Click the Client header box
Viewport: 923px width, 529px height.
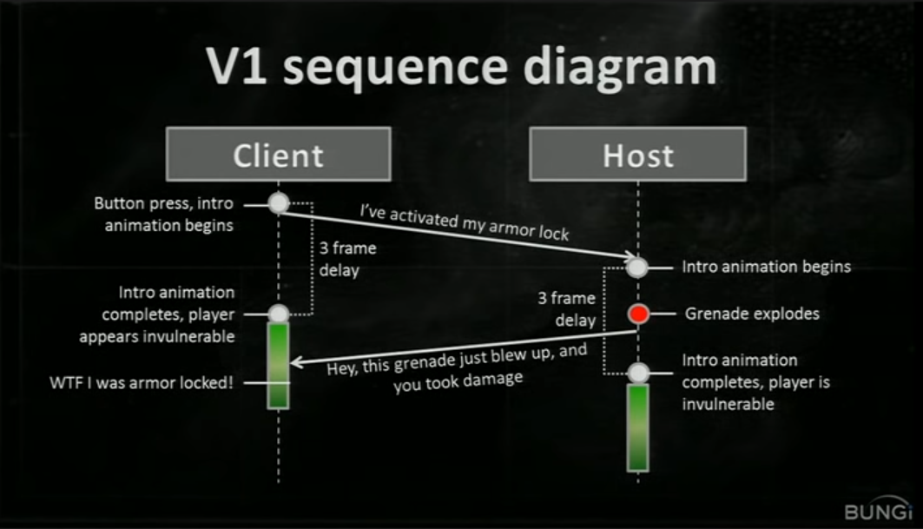(x=278, y=155)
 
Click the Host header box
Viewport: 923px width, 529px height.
(x=637, y=155)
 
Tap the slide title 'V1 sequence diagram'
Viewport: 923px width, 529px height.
(x=460, y=68)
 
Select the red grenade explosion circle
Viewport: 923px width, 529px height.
(x=638, y=314)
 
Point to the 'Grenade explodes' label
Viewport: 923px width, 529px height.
(x=752, y=314)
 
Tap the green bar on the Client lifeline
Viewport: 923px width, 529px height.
(x=278, y=365)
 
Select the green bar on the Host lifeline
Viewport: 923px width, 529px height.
(x=638, y=427)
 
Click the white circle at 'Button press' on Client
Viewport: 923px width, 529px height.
(x=278, y=203)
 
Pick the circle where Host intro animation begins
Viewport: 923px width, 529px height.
(x=638, y=267)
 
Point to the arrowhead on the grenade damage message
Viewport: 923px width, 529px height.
(x=295, y=363)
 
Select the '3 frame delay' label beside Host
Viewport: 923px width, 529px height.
(x=566, y=308)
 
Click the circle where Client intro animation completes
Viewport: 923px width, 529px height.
(x=278, y=314)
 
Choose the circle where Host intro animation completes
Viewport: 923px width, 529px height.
(x=638, y=374)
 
